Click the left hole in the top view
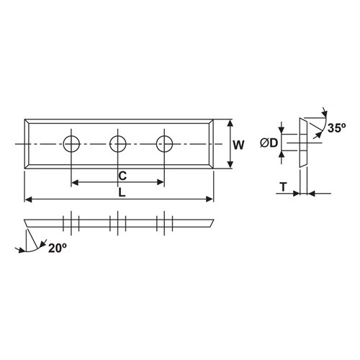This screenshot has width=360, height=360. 71,143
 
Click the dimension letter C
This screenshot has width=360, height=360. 122,175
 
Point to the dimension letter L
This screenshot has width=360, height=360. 122,194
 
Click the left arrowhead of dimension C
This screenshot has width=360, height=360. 75,181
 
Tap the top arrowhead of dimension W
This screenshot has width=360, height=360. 230,122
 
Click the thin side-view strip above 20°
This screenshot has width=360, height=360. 119,221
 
